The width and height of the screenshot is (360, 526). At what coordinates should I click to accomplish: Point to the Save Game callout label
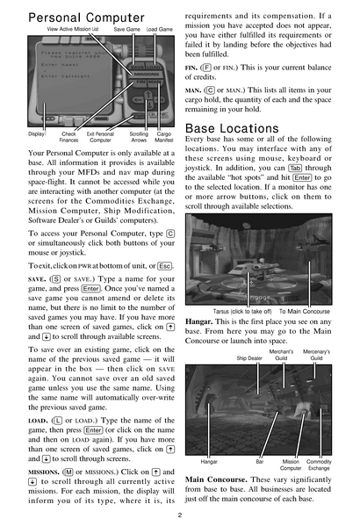[x=126, y=30]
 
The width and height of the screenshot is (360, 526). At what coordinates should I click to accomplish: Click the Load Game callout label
[x=158, y=30]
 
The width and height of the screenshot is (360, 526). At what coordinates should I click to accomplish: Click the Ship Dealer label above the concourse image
[x=248, y=358]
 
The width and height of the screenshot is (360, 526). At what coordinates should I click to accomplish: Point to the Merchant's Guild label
[x=281, y=355]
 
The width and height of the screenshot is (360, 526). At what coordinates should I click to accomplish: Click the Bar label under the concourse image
[x=260, y=460]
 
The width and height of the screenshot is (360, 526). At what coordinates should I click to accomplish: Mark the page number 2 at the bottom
[x=179, y=515]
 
